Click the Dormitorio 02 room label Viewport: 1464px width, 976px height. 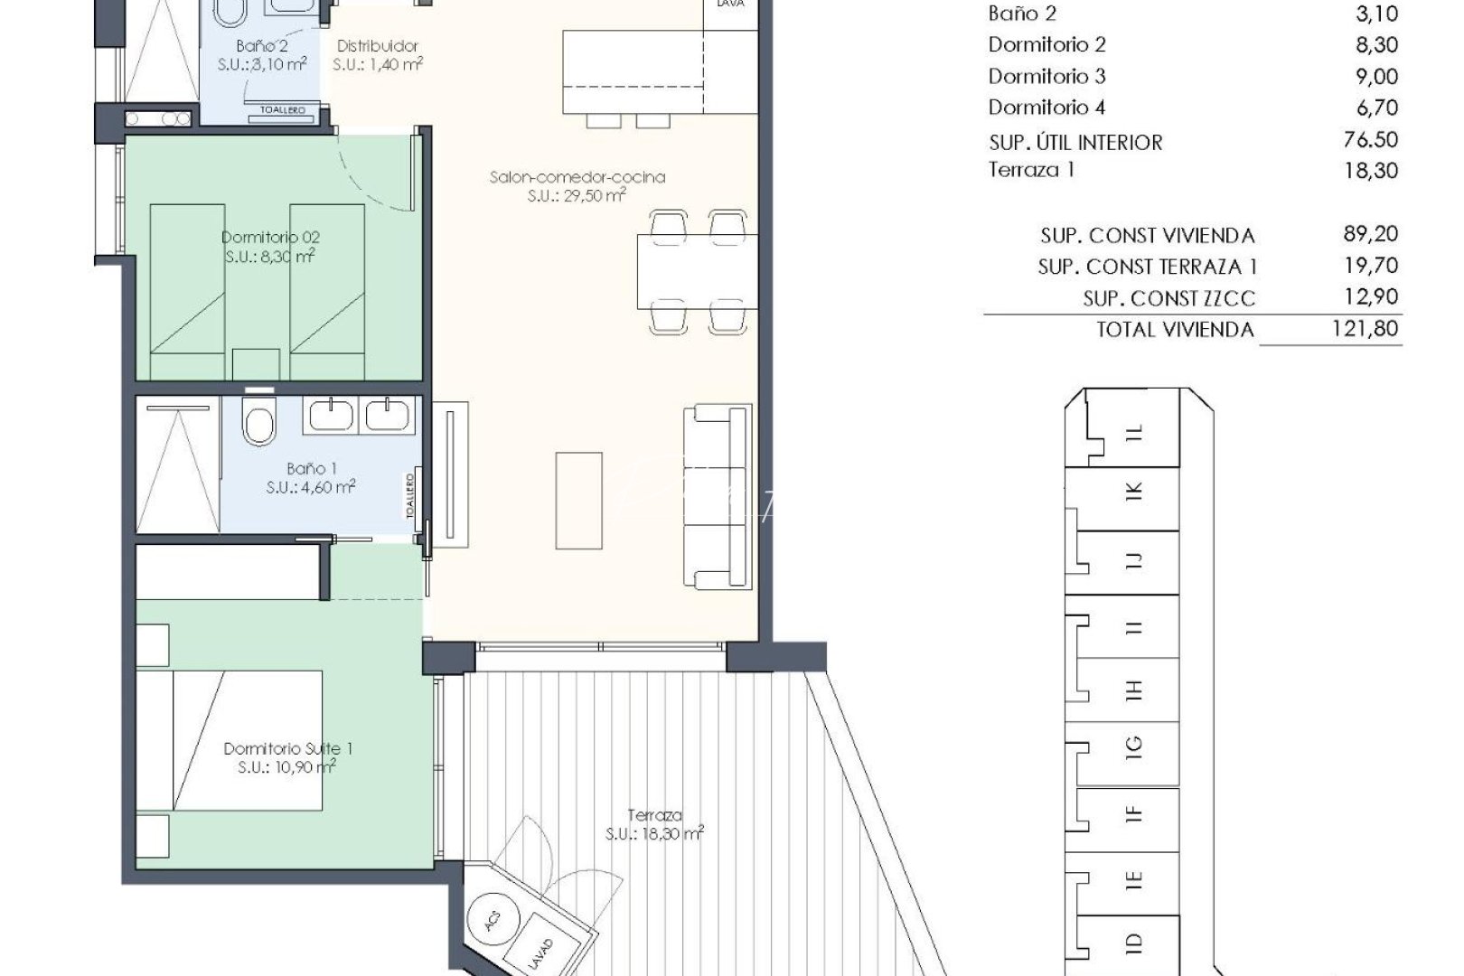click(x=270, y=238)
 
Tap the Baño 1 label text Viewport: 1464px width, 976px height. click(x=311, y=469)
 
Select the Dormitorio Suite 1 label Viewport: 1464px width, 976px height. click(x=287, y=748)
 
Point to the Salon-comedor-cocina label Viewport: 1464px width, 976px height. click(x=577, y=177)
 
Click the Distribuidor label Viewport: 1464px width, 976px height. click(x=378, y=46)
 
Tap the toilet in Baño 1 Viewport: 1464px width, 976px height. click(x=259, y=421)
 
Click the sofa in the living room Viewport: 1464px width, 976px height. click(x=718, y=496)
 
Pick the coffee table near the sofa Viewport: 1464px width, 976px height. click(x=577, y=500)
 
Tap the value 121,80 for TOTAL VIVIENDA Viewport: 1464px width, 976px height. click(x=1365, y=328)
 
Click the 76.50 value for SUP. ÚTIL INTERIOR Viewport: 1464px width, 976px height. click(x=1370, y=139)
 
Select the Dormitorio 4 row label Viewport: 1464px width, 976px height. click(x=1046, y=108)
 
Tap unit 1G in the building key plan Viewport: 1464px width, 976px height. click(x=1134, y=747)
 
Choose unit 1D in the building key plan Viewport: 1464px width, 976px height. click(x=1134, y=943)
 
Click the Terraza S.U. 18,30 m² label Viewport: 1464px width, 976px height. click(x=654, y=824)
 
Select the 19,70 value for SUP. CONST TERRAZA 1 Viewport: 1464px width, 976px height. click(x=1370, y=265)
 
